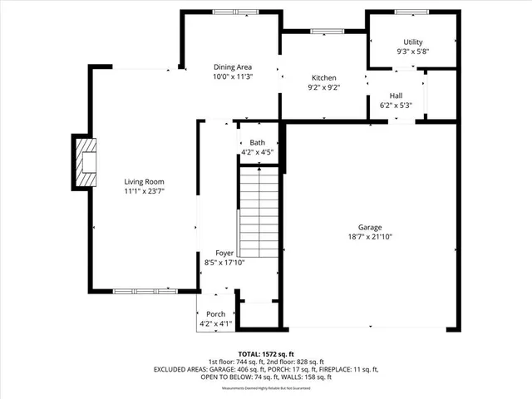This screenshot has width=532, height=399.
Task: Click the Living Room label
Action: (144, 181)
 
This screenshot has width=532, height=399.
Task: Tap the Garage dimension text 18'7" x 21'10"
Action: (369, 237)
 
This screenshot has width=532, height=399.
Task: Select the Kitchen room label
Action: (323, 76)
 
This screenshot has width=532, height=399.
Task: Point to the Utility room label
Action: (412, 42)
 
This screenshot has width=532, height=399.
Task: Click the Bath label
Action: (257, 143)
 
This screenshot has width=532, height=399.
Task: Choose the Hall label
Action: (396, 96)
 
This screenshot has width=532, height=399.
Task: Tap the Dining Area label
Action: (232, 66)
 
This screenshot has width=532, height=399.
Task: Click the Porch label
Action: (215, 314)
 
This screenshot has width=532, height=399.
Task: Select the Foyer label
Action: (224, 253)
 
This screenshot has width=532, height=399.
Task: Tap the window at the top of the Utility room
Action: (412, 12)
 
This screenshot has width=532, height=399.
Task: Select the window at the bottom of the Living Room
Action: (143, 290)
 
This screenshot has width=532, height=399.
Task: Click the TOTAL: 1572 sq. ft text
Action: (265, 353)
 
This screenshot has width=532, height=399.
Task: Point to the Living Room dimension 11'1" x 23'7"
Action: (144, 190)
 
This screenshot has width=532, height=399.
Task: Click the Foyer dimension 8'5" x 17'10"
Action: (224, 262)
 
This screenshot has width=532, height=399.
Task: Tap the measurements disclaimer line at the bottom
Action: (265, 388)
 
